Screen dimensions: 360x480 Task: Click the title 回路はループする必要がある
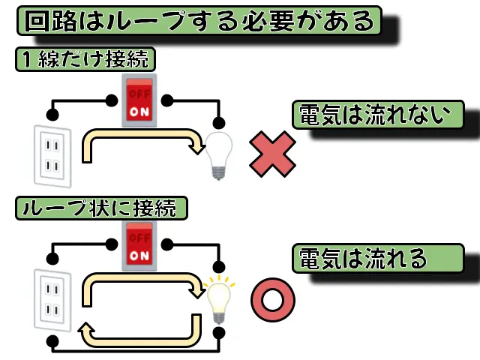pos(199,20)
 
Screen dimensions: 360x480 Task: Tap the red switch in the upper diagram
pos(139,100)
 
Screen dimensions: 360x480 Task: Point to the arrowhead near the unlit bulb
pos(197,146)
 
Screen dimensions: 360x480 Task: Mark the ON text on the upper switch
pos(139,111)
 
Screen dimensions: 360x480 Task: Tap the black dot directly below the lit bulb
pos(218,332)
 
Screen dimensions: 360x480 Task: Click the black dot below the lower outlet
pos(52,342)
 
